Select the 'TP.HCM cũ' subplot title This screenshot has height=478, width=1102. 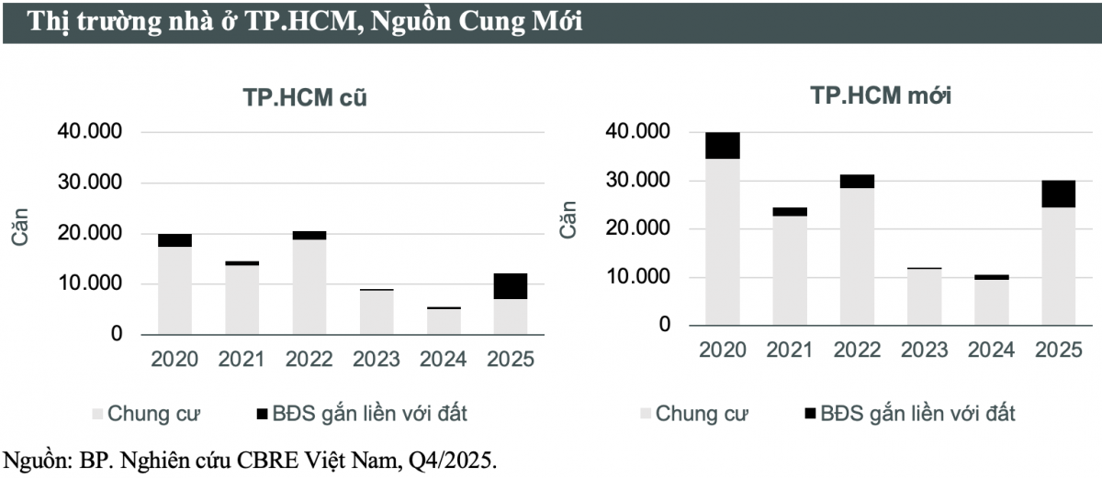(x=304, y=98)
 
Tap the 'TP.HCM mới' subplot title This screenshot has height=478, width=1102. (x=879, y=96)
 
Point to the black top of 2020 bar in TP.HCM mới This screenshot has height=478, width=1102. (x=723, y=145)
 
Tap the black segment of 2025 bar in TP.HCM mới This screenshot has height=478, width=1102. (x=1058, y=194)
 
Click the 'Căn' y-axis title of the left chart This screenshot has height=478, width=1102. (x=21, y=227)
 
